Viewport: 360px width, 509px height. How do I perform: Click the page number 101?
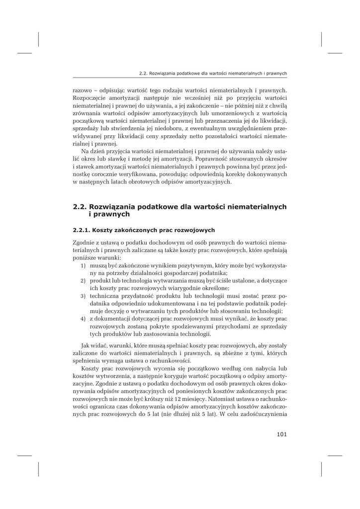pos(282,434)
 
